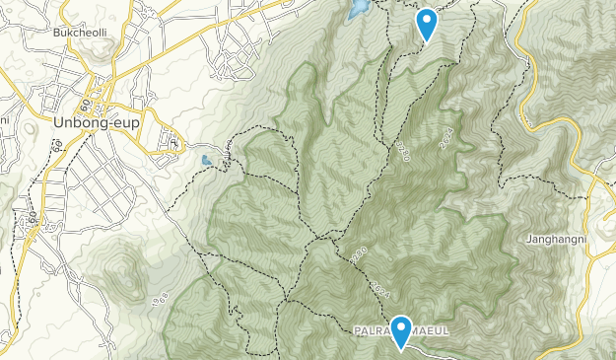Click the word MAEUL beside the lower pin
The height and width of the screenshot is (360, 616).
pyautogui.click(x=429, y=330)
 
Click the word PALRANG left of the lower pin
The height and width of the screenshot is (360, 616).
pyautogui.click(x=373, y=330)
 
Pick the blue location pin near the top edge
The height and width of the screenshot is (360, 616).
pyautogui.click(x=427, y=23)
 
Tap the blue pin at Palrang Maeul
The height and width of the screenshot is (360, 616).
pyautogui.click(x=401, y=330)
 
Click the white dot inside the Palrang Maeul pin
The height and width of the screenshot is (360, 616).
pyautogui.click(x=401, y=326)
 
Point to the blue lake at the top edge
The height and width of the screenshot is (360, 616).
pyautogui.click(x=359, y=9)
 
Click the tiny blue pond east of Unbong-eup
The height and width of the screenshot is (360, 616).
pyautogui.click(x=206, y=160)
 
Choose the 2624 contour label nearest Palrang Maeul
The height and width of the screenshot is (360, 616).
pyautogui.click(x=382, y=289)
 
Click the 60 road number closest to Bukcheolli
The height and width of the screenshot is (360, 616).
pyautogui.click(x=86, y=104)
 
